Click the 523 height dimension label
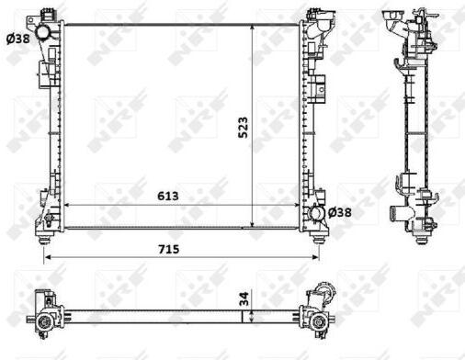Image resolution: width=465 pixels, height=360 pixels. click(243, 128)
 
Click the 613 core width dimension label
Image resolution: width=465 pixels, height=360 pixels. click(168, 197)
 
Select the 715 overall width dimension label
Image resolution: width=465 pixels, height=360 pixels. click(168, 250)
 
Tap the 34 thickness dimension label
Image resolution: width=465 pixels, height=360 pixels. click(244, 298)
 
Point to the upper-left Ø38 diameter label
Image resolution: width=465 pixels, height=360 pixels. click(18, 39)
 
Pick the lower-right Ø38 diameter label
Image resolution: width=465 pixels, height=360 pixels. click(339, 212)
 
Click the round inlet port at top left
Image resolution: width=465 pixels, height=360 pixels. click(42, 33)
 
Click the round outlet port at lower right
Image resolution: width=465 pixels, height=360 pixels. click(317, 213)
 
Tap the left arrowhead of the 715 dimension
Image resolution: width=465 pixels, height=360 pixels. click(48, 257)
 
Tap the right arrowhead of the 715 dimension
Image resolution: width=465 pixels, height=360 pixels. click(316, 257)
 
